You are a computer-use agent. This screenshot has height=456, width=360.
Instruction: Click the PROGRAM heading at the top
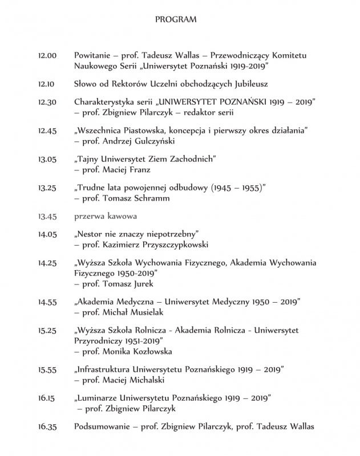click(x=176, y=19)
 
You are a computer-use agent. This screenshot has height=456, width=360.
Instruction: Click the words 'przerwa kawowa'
click(x=103, y=217)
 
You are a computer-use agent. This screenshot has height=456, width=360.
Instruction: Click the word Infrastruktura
click(x=104, y=369)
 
